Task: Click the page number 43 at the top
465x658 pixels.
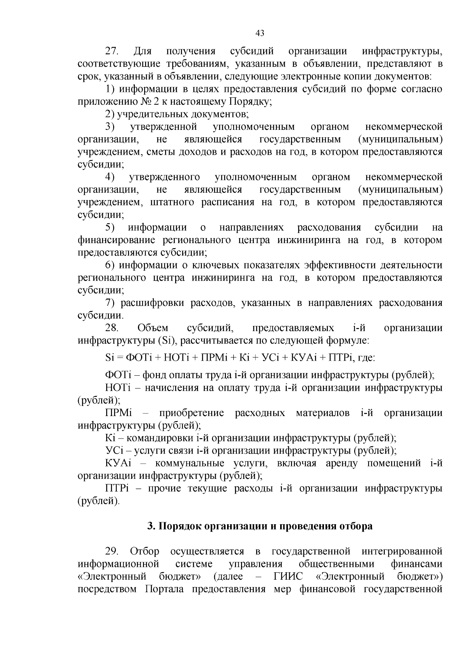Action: click(260, 33)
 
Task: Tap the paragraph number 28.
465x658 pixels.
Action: click(112, 328)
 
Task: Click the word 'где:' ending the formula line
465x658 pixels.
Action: click(366, 358)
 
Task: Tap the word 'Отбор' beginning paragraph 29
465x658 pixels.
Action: click(145, 552)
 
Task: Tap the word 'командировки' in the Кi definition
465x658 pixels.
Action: click(159, 439)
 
